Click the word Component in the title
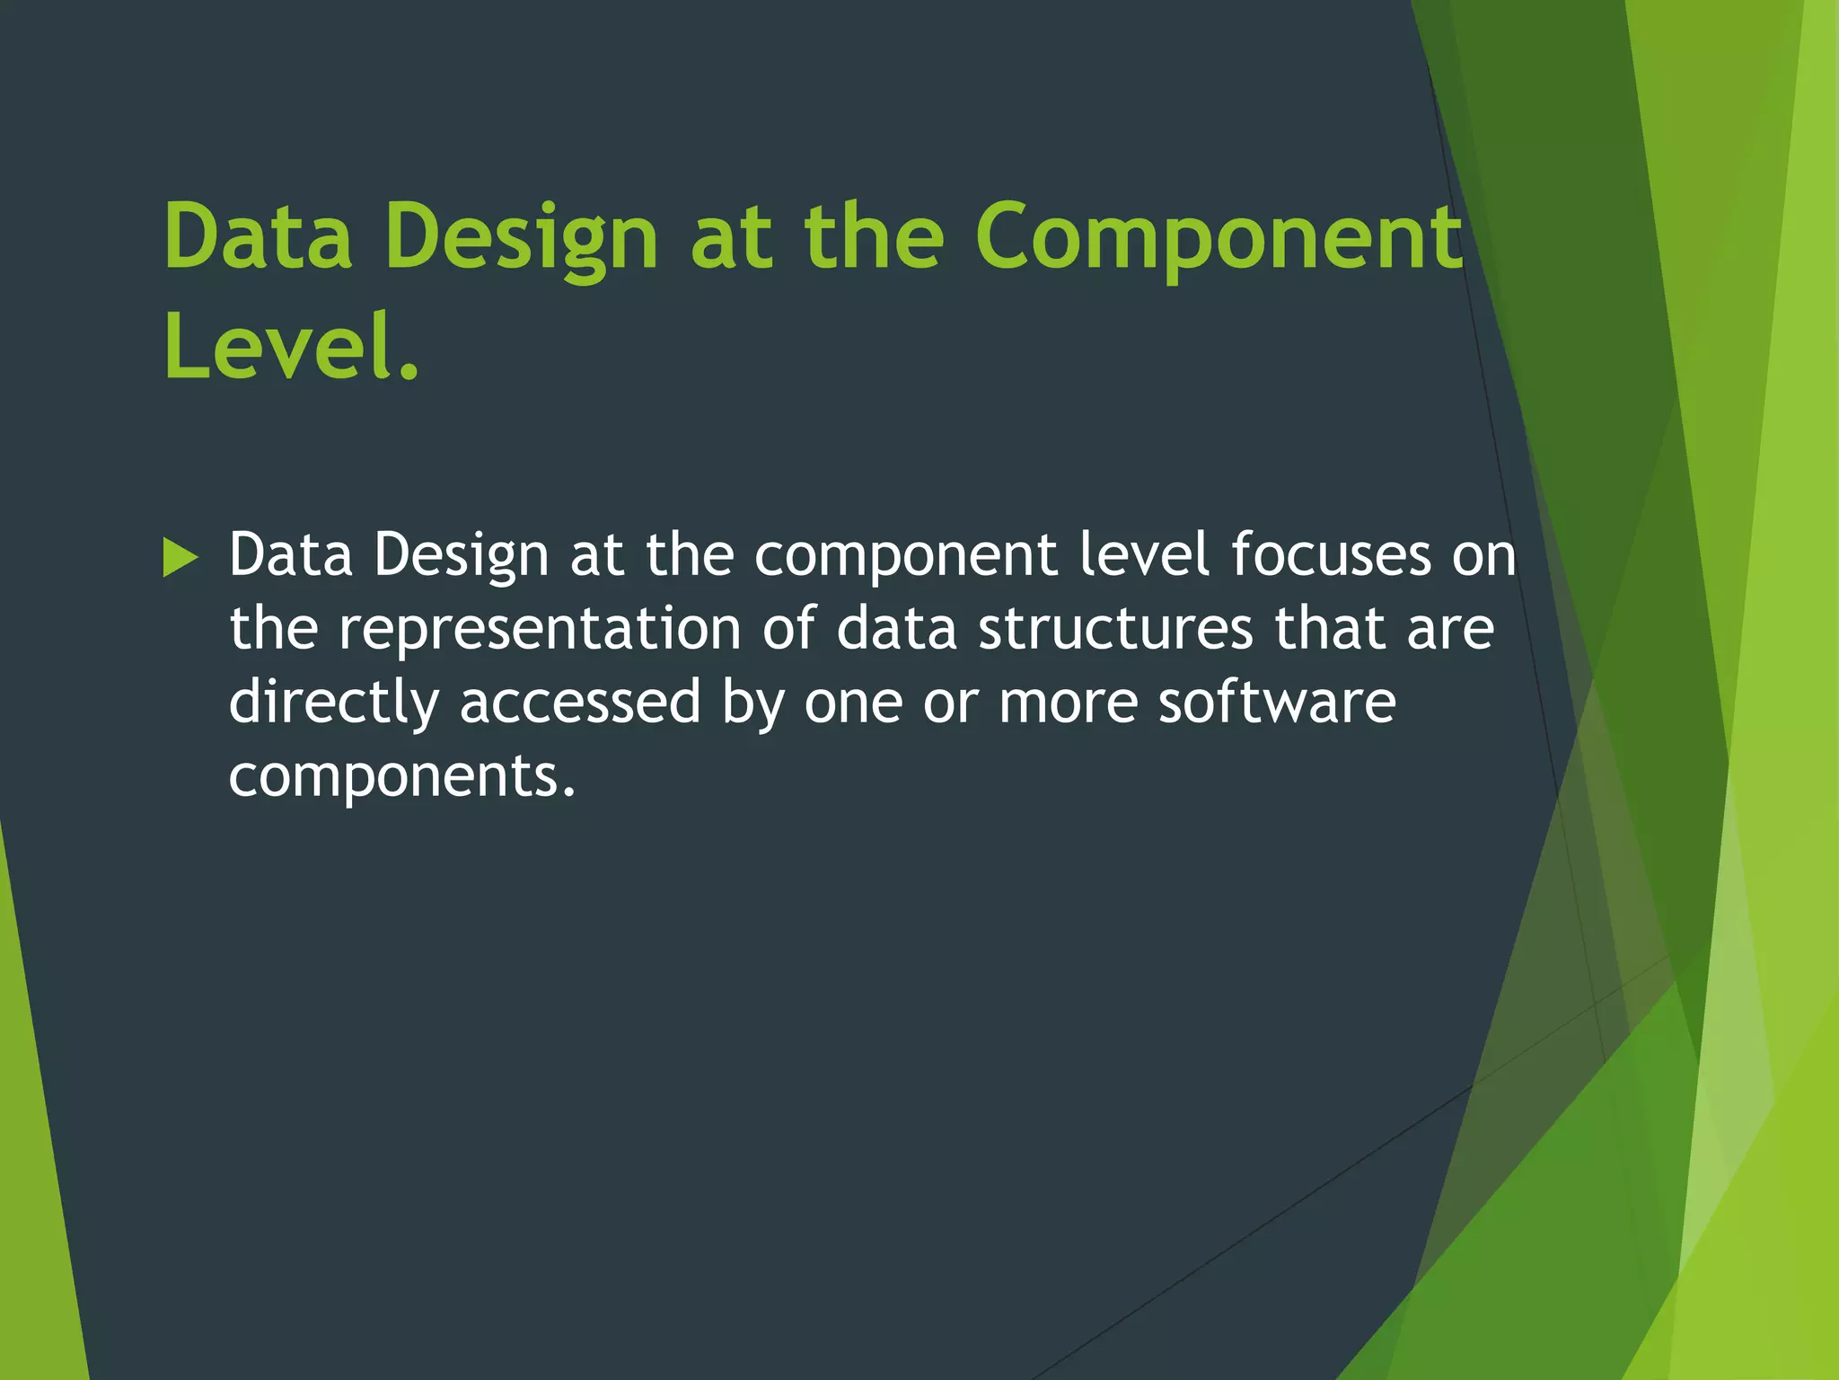click(x=1219, y=237)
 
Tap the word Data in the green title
click(x=258, y=237)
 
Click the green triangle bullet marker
click(x=180, y=558)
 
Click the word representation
click(x=539, y=628)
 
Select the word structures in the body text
click(x=1115, y=628)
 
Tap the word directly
click(x=333, y=702)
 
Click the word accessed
click(x=580, y=702)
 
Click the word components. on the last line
click(x=401, y=775)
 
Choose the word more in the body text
click(x=1069, y=702)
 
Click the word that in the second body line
click(x=1330, y=628)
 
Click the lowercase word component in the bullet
click(x=905, y=554)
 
